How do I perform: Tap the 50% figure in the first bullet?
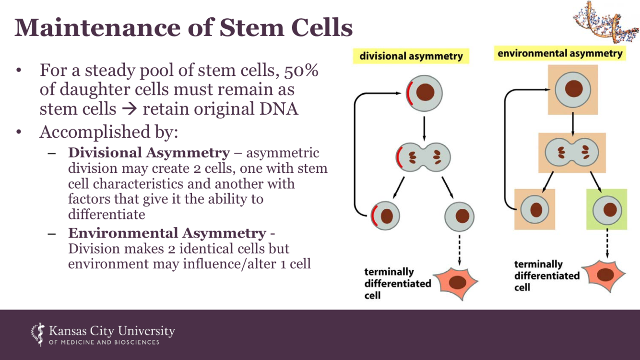click(301, 71)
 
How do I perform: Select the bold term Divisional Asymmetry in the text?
click(149, 153)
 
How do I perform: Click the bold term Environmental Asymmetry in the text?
click(167, 233)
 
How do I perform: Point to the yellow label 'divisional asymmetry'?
click(411, 56)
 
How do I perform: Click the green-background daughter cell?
click(607, 210)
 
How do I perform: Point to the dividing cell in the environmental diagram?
click(572, 153)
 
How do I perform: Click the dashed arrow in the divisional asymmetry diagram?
click(460, 249)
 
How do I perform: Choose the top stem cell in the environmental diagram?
click(573, 89)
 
